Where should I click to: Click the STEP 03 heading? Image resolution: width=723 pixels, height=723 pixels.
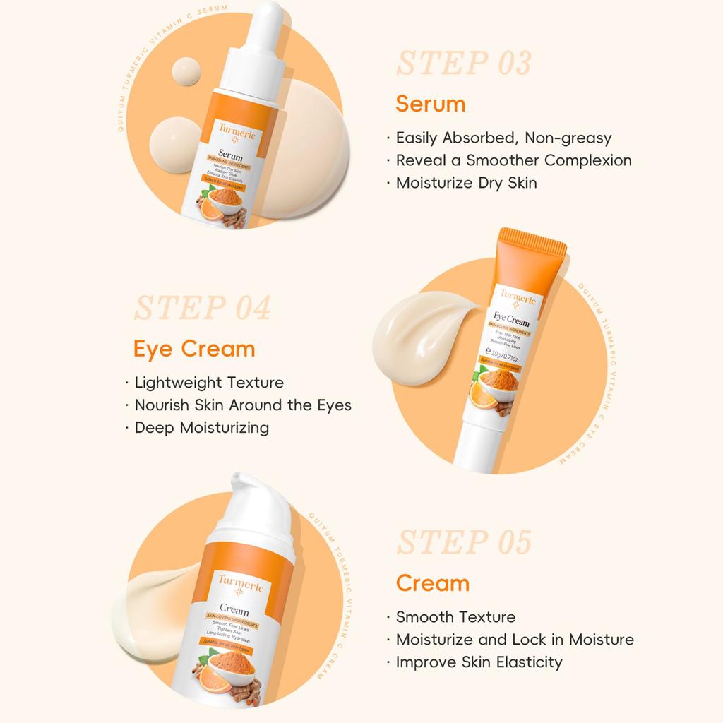click(463, 64)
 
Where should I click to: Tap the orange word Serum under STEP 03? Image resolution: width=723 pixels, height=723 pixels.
click(430, 104)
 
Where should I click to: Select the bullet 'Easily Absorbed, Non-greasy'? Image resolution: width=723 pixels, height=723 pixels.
click(503, 138)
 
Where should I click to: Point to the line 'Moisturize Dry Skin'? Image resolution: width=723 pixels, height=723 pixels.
click(466, 183)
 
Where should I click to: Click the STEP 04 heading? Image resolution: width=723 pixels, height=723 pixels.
click(202, 309)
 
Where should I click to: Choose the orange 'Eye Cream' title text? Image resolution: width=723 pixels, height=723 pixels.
click(194, 349)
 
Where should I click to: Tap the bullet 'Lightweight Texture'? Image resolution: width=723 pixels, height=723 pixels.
click(209, 383)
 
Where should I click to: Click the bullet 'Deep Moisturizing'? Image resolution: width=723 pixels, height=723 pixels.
click(201, 428)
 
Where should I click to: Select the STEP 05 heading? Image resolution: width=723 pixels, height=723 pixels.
click(463, 542)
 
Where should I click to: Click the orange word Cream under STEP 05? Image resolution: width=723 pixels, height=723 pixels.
click(432, 583)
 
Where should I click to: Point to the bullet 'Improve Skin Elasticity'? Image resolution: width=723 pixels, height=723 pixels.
click(479, 662)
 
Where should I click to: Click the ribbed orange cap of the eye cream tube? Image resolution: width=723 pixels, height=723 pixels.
click(533, 254)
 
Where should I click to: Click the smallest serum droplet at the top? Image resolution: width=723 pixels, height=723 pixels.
click(185, 73)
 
